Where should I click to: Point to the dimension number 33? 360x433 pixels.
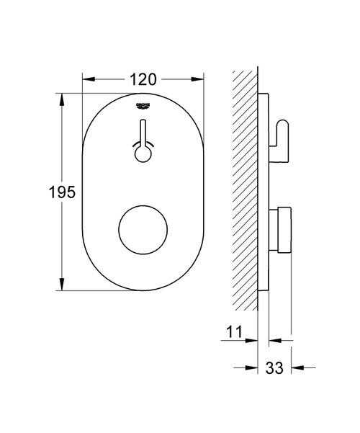[274, 367]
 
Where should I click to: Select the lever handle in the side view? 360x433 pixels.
[282, 133]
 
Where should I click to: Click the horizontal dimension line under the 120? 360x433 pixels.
[115, 80]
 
